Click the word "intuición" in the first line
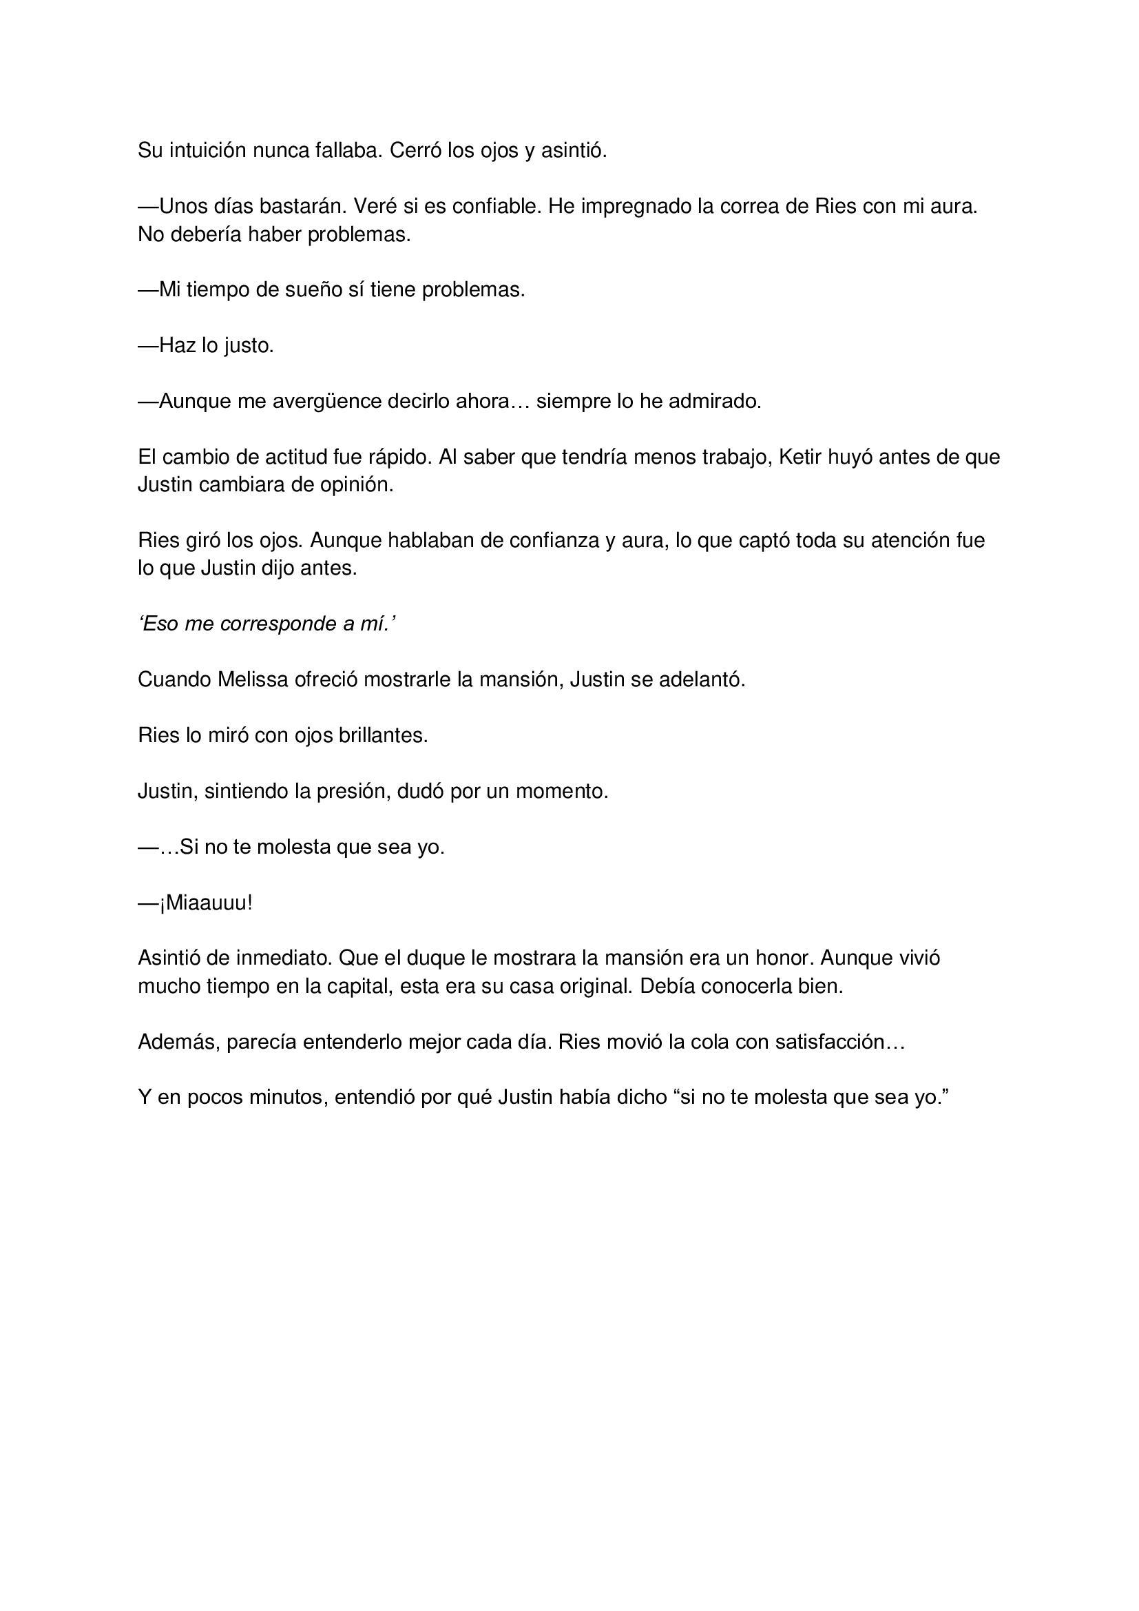[x=207, y=150]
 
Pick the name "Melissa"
[x=253, y=680]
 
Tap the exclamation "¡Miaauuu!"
[x=205, y=903]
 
